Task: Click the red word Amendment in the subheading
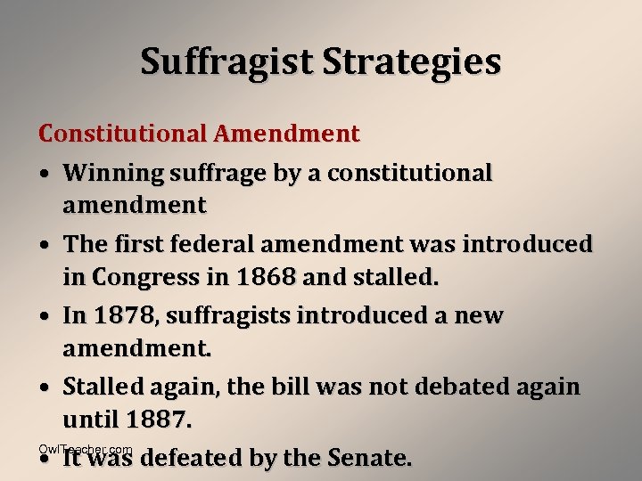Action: click(285, 135)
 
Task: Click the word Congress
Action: click(147, 277)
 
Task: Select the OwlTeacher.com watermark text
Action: click(86, 449)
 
